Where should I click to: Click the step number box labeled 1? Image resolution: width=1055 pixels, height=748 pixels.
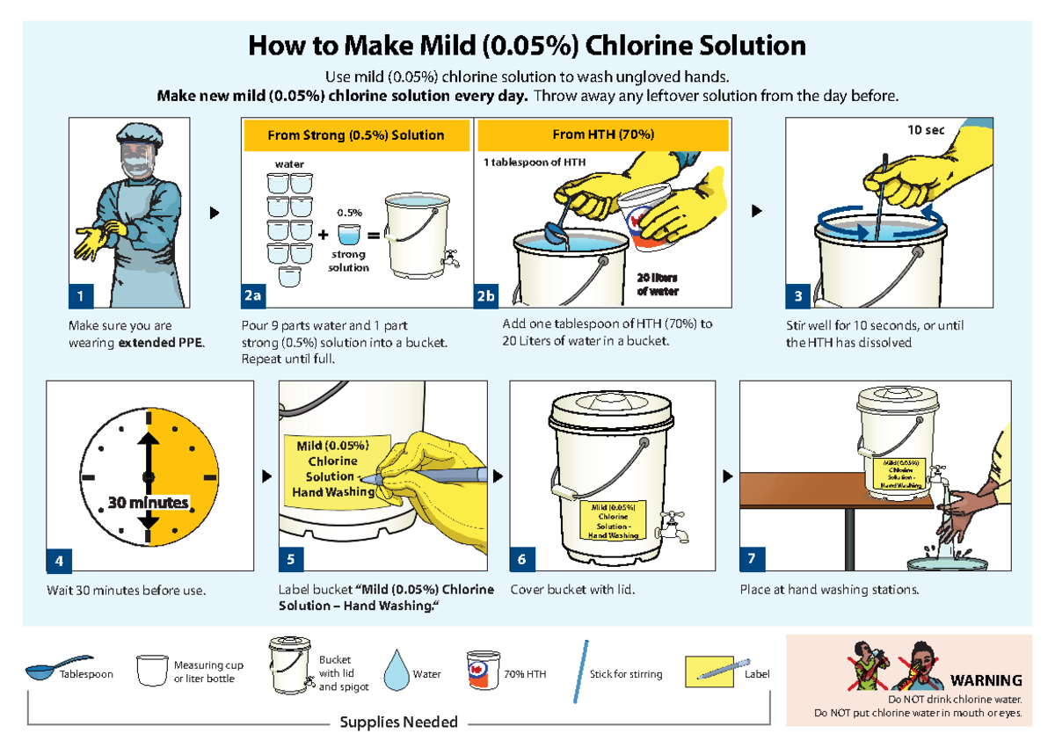click(81, 296)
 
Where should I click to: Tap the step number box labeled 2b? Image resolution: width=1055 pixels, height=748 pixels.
click(486, 296)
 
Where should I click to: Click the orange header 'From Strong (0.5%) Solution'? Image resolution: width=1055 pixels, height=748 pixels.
click(355, 135)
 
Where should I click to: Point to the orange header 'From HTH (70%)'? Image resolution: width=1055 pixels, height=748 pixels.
click(602, 134)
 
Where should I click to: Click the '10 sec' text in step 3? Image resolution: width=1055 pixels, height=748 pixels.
click(926, 130)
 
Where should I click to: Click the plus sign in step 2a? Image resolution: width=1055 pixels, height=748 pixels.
click(324, 236)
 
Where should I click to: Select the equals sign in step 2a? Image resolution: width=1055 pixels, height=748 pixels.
click(373, 236)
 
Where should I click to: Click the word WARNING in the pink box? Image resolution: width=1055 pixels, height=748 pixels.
click(986, 679)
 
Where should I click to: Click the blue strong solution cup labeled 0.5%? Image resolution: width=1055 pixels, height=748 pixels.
click(349, 235)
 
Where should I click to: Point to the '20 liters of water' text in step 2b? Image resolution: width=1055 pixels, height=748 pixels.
click(657, 284)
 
